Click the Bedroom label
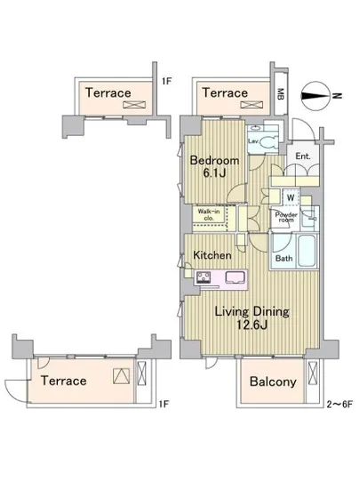[214, 161]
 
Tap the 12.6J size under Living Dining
[252, 325]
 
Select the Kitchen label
[212, 255]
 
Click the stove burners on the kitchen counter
[204, 277]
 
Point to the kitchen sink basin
[235, 277]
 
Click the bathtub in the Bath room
[307, 251]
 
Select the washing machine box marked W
[291, 197]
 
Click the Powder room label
[286, 217]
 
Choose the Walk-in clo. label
[209, 215]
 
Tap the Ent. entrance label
[302, 156]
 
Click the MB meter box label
[281, 94]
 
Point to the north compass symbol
[316, 96]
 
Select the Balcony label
[273, 381]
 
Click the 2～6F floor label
[340, 405]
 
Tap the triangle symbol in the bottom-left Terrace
[121, 376]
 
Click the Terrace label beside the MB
[225, 93]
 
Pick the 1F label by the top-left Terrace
[166, 81]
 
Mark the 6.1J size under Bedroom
[214, 173]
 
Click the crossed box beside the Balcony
[312, 373]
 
